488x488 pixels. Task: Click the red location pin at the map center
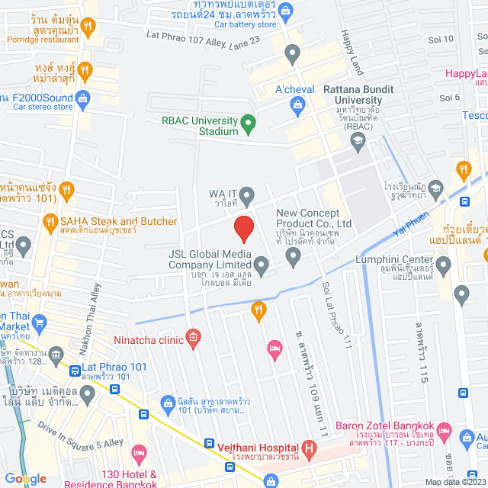(x=243, y=228)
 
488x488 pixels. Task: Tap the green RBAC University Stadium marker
(x=248, y=122)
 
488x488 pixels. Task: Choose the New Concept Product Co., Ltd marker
(x=294, y=258)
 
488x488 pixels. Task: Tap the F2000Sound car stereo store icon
(x=85, y=97)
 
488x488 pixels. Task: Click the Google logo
(x=25, y=478)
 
